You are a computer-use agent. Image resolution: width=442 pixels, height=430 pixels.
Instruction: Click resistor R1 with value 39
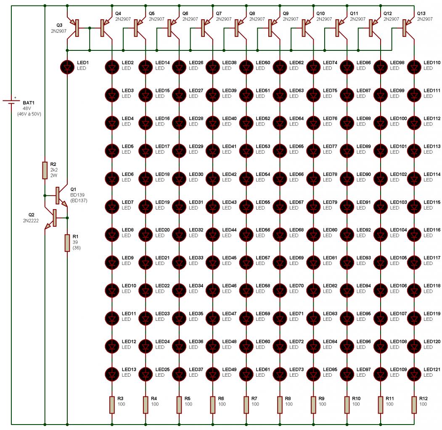pos(67,243)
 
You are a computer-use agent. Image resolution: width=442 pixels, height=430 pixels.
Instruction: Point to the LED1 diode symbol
pos(67,66)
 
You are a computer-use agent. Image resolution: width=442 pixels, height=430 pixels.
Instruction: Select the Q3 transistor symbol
pos(75,28)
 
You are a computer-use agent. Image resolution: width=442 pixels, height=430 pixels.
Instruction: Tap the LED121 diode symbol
pos(414,373)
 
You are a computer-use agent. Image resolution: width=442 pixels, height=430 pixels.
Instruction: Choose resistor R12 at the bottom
pos(414,404)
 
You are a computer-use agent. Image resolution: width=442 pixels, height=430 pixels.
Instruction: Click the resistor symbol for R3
pos(112,404)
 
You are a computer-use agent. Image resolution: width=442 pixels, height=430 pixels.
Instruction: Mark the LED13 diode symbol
pos(112,373)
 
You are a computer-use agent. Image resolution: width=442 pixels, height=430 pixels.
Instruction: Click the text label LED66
pos(296,174)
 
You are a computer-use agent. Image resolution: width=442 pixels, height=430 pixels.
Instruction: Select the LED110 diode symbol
pos(414,66)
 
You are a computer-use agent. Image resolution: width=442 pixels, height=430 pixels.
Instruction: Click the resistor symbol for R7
pos(246,404)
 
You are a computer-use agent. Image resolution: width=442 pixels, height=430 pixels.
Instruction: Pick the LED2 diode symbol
pos(112,66)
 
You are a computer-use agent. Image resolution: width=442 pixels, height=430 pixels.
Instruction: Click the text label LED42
pos(229,174)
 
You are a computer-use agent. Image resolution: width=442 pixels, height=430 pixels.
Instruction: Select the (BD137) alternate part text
pos(79,201)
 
